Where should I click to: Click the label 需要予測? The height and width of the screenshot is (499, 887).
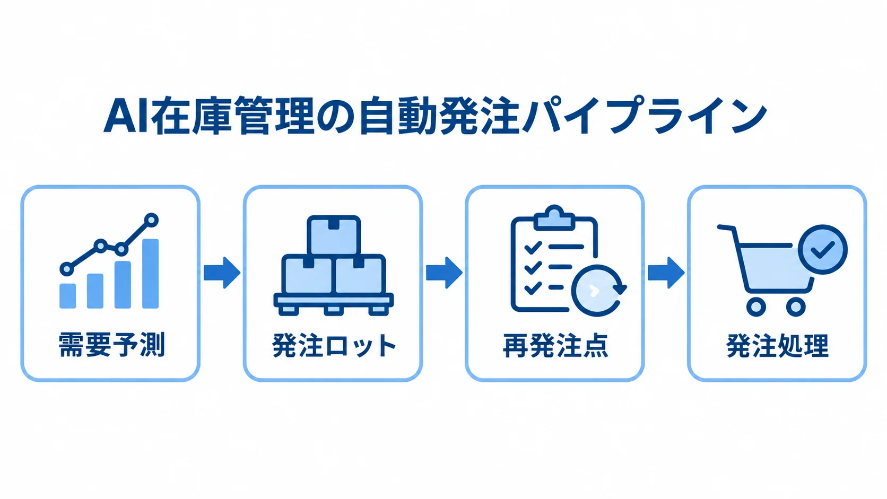click(x=111, y=345)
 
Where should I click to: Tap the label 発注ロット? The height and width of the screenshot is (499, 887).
click(x=334, y=345)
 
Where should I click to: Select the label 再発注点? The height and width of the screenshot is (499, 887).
click(x=555, y=345)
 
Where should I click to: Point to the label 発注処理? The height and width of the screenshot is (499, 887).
click(x=777, y=345)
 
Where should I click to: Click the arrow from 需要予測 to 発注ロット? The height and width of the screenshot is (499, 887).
click(x=222, y=273)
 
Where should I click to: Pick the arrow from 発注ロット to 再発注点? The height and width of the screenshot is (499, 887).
click(x=444, y=273)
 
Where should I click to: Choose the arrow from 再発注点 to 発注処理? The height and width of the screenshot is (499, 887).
click(x=666, y=273)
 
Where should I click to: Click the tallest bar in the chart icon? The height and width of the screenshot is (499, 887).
click(x=151, y=274)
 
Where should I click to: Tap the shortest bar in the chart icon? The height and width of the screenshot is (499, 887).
click(x=68, y=295)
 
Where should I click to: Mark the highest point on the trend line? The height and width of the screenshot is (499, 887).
click(x=151, y=220)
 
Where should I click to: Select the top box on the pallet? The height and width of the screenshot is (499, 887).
click(x=334, y=235)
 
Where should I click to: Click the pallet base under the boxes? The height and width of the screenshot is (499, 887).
click(x=333, y=304)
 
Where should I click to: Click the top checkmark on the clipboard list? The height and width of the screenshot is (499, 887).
click(x=533, y=248)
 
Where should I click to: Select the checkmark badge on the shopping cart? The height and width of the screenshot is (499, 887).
click(x=822, y=250)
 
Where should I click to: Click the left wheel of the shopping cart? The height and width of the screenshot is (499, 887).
click(x=756, y=307)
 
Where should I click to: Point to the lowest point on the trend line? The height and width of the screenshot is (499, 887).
click(x=67, y=269)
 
